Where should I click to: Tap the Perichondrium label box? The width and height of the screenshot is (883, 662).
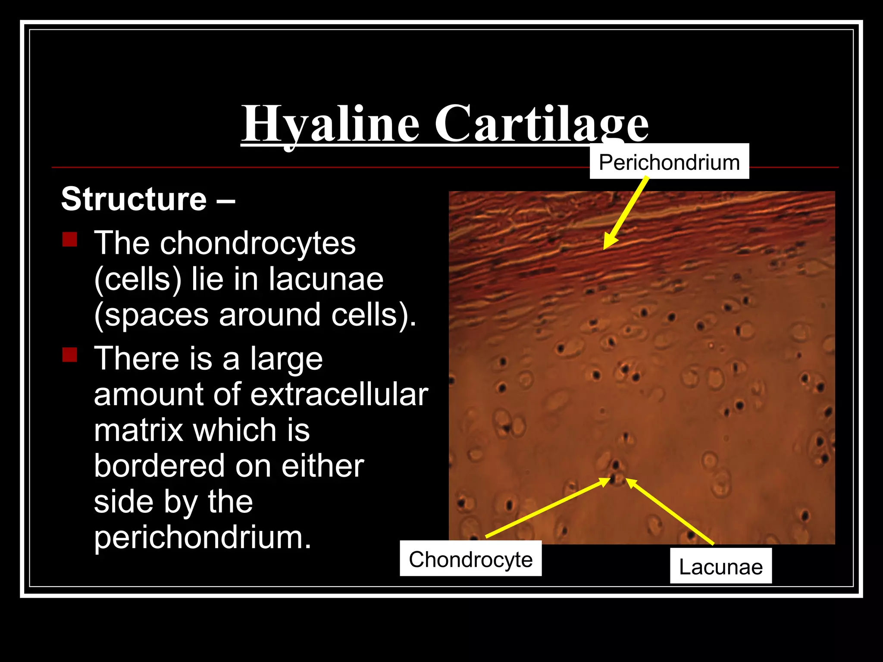coord(669,162)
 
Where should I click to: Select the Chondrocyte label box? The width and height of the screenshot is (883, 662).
coord(470,559)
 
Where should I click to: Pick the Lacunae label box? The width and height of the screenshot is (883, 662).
coord(720,566)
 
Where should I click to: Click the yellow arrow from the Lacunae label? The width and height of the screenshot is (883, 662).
coord(670,512)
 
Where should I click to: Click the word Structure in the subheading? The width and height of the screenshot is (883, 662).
coord(134,199)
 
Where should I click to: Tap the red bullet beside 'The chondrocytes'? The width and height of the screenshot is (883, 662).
coord(69,239)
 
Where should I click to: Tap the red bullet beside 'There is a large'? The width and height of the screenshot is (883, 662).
coord(69,355)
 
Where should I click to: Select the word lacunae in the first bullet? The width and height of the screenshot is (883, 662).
coord(326,279)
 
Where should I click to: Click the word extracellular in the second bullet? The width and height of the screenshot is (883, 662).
coord(339,394)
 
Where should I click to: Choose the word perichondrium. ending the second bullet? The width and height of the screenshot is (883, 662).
coord(202,538)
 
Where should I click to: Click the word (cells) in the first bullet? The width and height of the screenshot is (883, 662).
coord(138,279)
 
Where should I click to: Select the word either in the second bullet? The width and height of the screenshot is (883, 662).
coord(323,466)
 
